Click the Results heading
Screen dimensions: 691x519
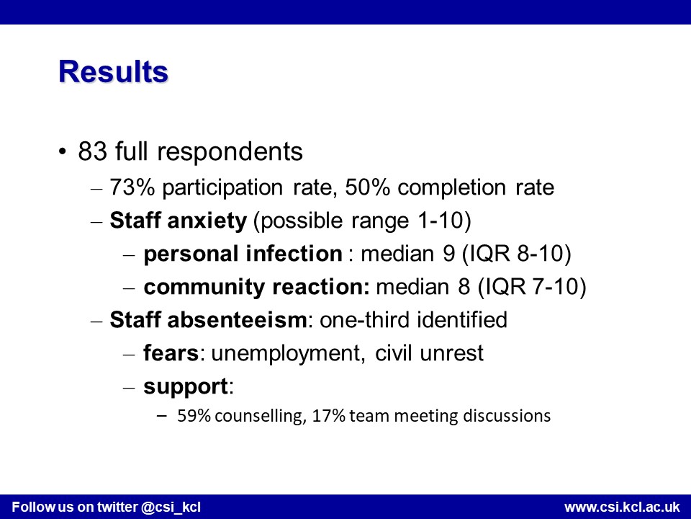[113, 71]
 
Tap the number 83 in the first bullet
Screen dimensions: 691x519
[93, 151]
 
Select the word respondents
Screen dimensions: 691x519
[230, 151]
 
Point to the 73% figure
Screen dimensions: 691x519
[132, 187]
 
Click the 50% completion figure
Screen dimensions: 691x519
[368, 187]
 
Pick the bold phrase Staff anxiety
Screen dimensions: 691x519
[179, 221]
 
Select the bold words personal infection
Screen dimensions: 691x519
[243, 254]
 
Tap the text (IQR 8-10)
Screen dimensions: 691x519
[516, 254]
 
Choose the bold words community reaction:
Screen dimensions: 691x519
[256, 287]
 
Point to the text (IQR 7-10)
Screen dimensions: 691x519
[532, 287]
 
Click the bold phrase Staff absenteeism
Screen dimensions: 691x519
[208, 319]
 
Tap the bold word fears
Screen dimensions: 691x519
[171, 353]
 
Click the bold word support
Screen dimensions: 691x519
[186, 387]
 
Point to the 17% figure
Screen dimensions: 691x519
[328, 416]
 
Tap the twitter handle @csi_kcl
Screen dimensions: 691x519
[171, 507]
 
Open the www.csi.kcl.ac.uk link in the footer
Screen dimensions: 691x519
[622, 507]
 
